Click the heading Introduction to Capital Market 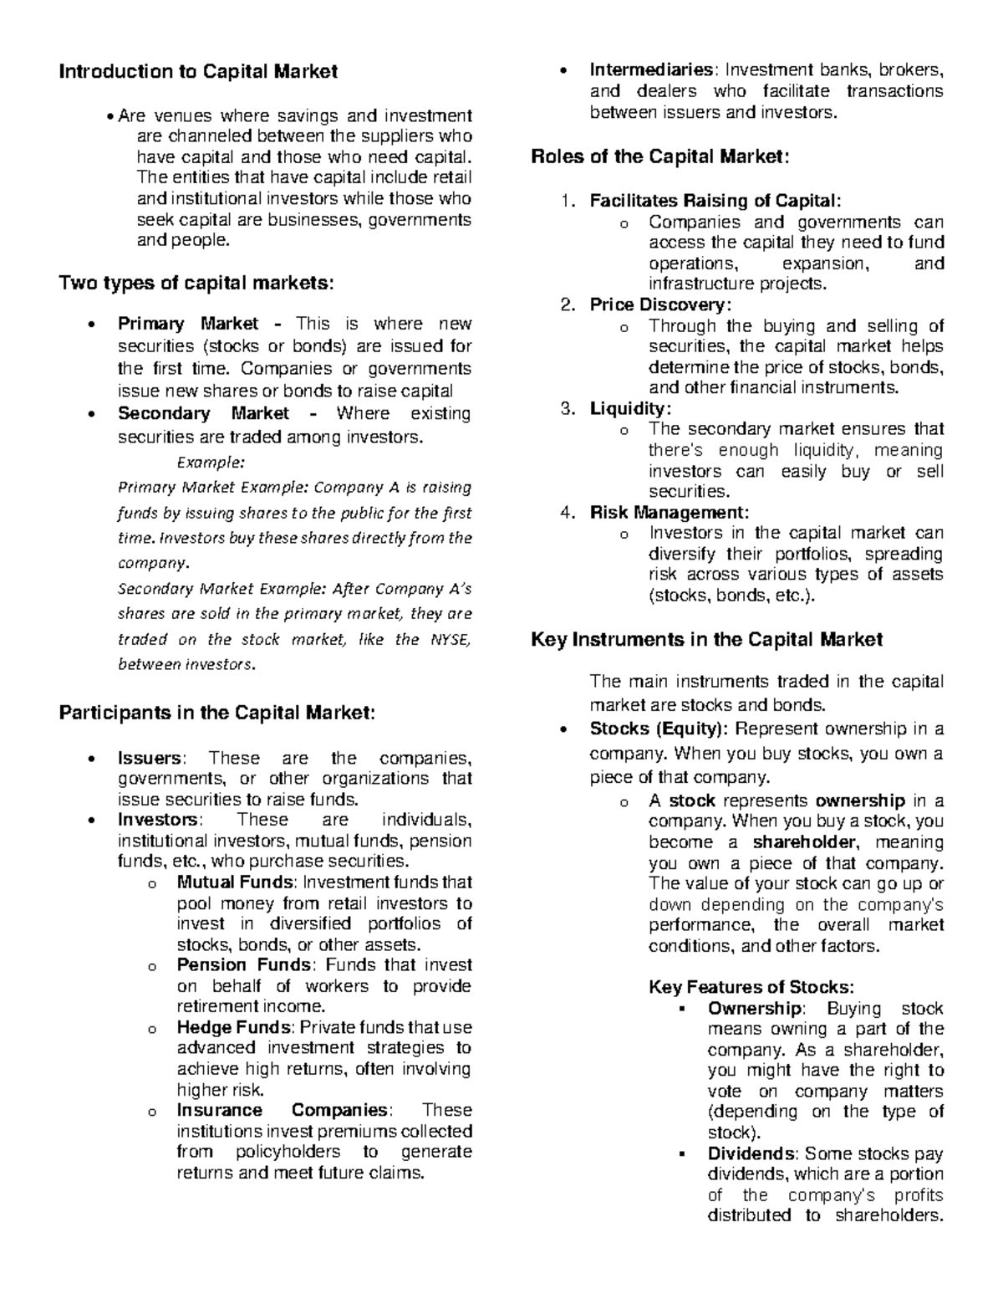click(x=197, y=72)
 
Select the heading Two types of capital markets click(x=196, y=284)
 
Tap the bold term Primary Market click(x=188, y=325)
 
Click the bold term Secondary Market click(x=203, y=414)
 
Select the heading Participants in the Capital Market click(x=217, y=713)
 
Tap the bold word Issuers click(x=150, y=759)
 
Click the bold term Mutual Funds click(x=235, y=882)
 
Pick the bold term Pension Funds click(x=243, y=965)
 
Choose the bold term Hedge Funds click(x=233, y=1028)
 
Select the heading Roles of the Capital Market click(x=659, y=156)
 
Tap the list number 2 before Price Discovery click(x=568, y=305)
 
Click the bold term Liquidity click(x=629, y=409)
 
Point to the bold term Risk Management click(x=669, y=513)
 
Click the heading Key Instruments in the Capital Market click(x=706, y=640)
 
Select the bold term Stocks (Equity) click(x=658, y=729)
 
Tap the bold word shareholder click(x=804, y=842)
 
